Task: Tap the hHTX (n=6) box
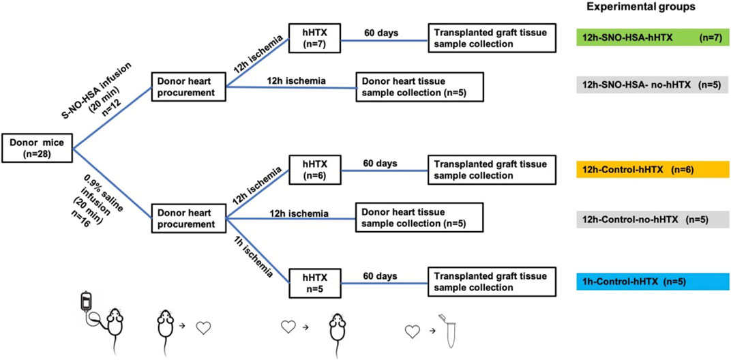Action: pos(315,170)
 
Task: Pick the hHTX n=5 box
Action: pos(315,282)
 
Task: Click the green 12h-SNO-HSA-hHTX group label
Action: pos(652,39)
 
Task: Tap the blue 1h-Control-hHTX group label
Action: pos(652,282)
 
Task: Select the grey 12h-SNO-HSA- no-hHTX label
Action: pos(652,85)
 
